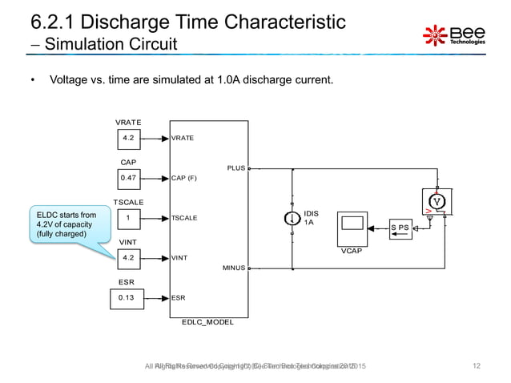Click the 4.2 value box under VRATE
click(128, 138)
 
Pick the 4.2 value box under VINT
click(128, 258)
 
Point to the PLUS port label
click(235, 169)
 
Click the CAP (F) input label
click(184, 178)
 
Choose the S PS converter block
click(400, 228)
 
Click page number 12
click(477, 366)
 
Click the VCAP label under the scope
click(351, 251)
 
